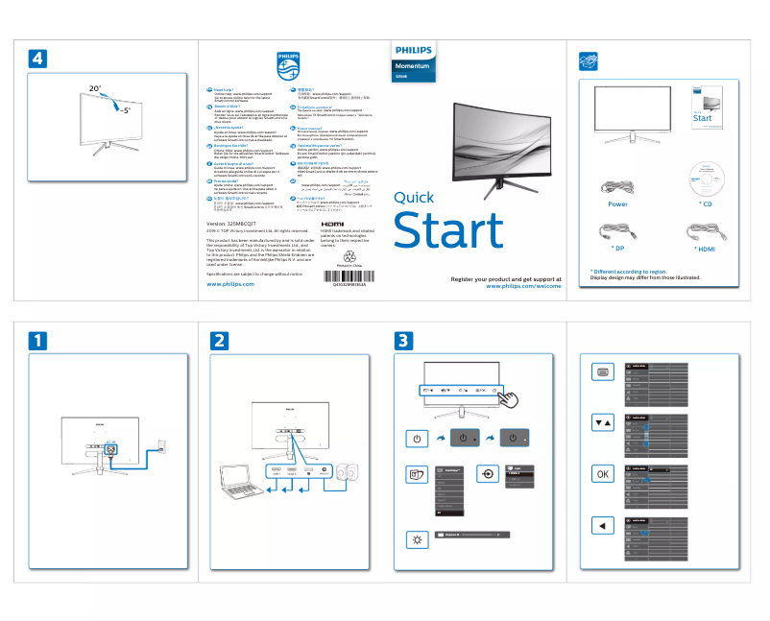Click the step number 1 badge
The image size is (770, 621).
pyautogui.click(x=35, y=340)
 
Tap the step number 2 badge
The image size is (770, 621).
pyautogui.click(x=221, y=340)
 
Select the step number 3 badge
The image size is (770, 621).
pyautogui.click(x=405, y=340)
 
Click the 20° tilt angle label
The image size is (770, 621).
pyautogui.click(x=94, y=88)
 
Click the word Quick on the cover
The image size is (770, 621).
pyautogui.click(x=414, y=198)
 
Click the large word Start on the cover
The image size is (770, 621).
pyautogui.click(x=448, y=231)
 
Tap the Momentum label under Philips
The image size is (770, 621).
pyautogui.click(x=412, y=65)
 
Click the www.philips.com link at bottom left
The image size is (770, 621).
pyautogui.click(x=230, y=285)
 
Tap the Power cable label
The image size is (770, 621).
pyautogui.click(x=617, y=204)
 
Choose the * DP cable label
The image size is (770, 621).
pyautogui.click(x=618, y=249)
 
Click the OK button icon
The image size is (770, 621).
pyautogui.click(x=601, y=474)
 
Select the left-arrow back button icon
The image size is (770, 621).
pyautogui.click(x=601, y=525)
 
